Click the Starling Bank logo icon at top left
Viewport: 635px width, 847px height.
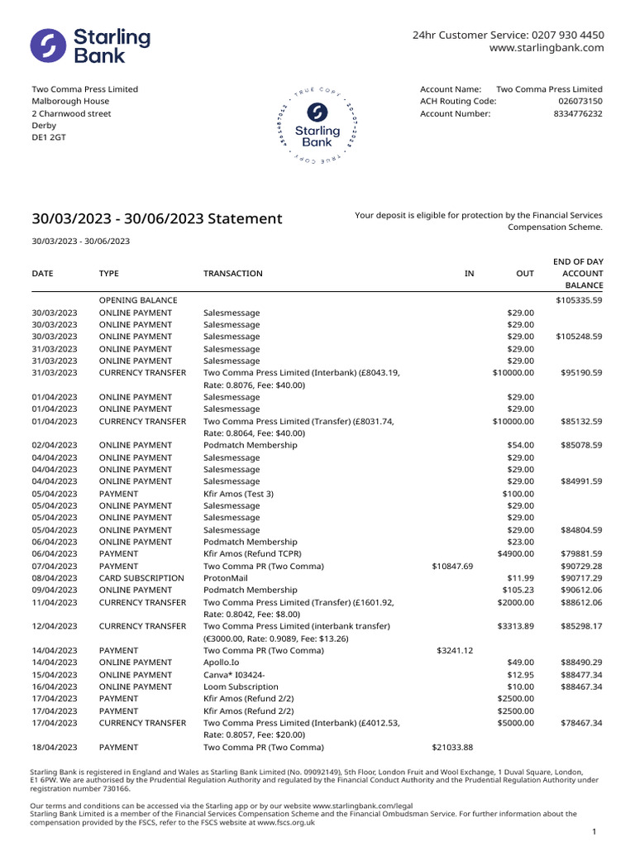point(49,45)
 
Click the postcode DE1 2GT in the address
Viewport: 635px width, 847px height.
point(49,138)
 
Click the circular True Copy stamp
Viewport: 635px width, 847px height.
point(317,125)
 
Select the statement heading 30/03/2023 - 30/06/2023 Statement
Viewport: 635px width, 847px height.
point(157,219)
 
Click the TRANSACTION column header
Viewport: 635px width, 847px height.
point(233,274)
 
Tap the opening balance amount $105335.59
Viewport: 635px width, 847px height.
point(579,300)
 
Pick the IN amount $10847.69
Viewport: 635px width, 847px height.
point(452,566)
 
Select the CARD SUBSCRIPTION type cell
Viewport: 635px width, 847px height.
point(141,578)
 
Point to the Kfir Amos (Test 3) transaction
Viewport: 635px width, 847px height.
point(238,494)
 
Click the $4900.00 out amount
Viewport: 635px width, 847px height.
point(516,554)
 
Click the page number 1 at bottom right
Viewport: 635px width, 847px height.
point(594,831)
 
